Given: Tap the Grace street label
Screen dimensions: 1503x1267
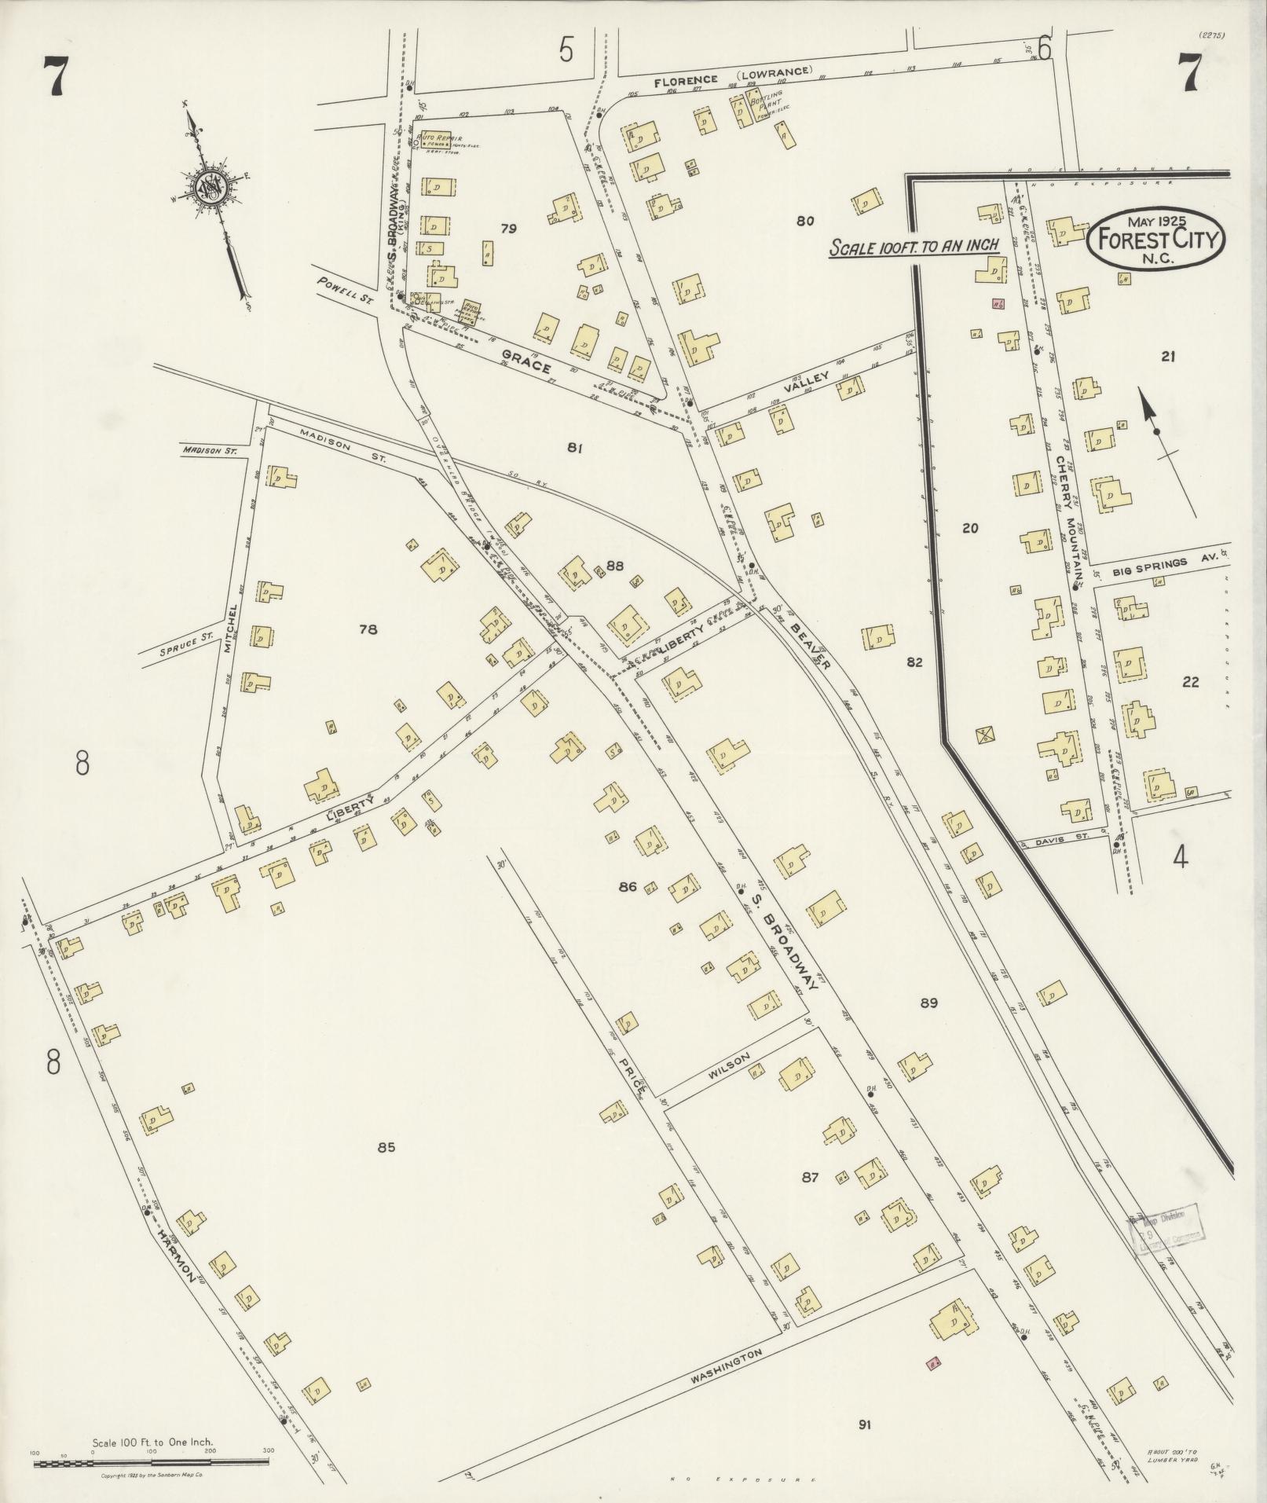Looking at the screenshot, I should click(525, 365).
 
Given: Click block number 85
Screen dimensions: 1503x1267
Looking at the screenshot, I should click(385, 1147).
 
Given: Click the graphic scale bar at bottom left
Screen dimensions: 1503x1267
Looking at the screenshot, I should click(151, 1463).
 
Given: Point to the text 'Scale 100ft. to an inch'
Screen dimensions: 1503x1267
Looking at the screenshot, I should click(914, 246).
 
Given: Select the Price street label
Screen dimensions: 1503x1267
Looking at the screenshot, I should click(632, 1077).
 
